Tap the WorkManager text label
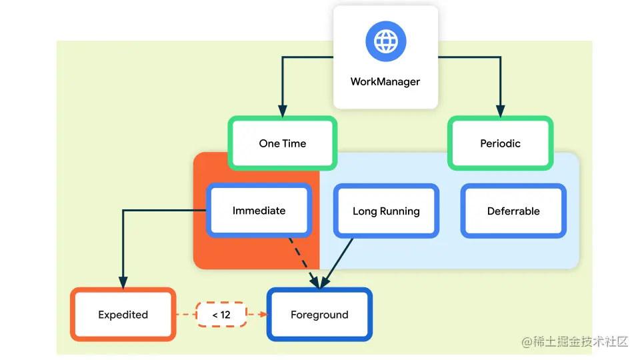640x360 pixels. click(x=385, y=82)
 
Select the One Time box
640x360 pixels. click(x=283, y=143)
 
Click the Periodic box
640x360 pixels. click(x=500, y=143)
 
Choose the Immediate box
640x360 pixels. click(x=259, y=211)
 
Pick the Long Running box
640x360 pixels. click(x=386, y=211)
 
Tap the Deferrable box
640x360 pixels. click(x=513, y=211)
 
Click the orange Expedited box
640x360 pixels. click(x=123, y=315)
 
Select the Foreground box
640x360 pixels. click(x=319, y=315)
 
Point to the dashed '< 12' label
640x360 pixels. click(x=221, y=315)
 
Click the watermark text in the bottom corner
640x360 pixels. click(x=575, y=342)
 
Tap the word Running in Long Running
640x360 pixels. click(x=400, y=211)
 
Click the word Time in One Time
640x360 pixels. click(x=294, y=143)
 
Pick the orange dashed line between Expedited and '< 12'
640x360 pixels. click(x=185, y=315)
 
